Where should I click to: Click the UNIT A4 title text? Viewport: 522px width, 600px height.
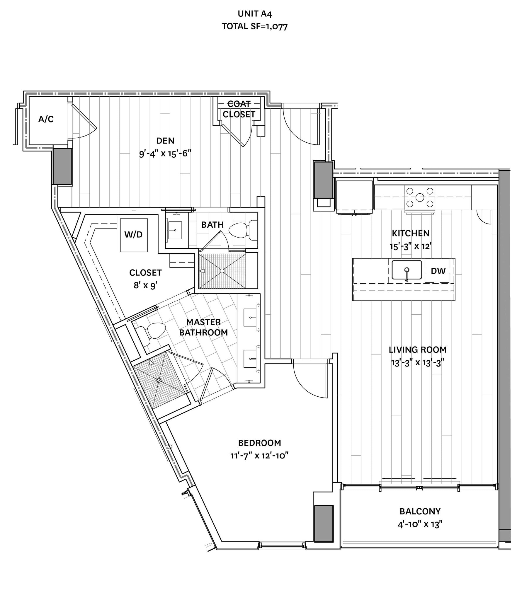255,14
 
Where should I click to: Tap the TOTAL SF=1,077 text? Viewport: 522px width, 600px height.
255,26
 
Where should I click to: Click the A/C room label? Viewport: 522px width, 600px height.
46,119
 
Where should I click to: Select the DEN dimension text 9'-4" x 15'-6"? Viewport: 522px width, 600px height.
165,153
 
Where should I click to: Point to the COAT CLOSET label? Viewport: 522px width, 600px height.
239,109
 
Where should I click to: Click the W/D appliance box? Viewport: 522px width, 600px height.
134,235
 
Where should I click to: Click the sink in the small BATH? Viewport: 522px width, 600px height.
175,230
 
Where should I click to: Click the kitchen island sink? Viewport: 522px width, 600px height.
407,270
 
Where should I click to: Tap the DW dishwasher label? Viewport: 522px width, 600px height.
438,271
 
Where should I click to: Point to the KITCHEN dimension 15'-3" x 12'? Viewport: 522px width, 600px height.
411,246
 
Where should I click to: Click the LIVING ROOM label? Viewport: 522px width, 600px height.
417,350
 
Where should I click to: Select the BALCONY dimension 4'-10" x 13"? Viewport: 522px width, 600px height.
420,524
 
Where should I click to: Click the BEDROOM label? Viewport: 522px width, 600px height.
259,443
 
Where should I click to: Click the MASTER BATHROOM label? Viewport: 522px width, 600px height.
203,327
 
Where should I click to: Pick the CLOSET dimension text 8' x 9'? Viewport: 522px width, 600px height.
145,285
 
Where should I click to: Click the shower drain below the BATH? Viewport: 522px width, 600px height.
222,271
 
